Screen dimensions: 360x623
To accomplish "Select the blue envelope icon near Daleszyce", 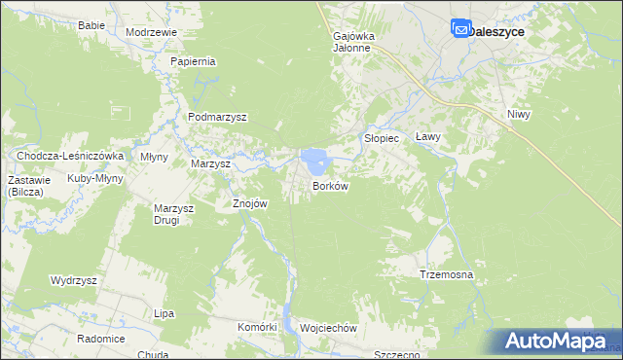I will pos(460,30).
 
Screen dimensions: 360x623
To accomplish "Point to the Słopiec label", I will pos(382,138).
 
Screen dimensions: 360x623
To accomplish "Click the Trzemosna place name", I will pos(446,275).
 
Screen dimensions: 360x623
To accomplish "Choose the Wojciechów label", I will pos(329,329).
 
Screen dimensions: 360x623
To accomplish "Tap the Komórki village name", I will pos(258,327).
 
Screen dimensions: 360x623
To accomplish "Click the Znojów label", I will pos(249,204).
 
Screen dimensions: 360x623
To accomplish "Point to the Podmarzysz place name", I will pos(218,117).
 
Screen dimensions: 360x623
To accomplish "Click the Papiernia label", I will pos(193,61).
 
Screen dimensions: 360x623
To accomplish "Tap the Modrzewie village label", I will pos(152,32).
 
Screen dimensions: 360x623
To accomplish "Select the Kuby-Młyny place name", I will pos(94,179).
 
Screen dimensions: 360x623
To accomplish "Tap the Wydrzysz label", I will pos(74,280).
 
